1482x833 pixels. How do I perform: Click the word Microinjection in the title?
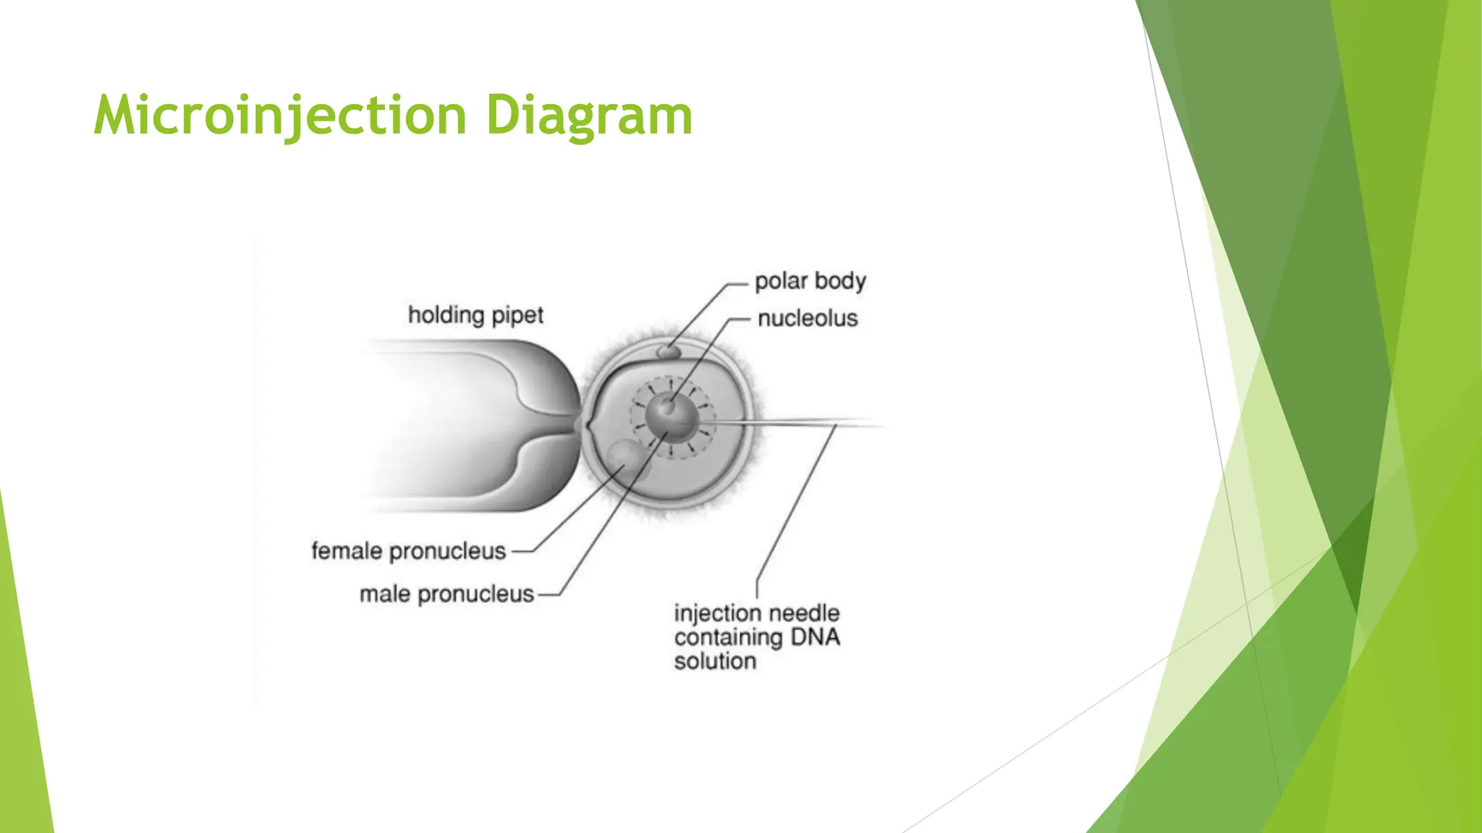pos(281,116)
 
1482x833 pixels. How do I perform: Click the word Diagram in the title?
pos(589,116)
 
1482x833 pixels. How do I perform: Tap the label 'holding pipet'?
pos(475,315)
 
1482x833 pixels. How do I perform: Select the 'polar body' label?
pos(810,281)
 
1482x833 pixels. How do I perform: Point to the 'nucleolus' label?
pos(808,318)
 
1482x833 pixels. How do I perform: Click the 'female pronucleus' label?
pos(408,551)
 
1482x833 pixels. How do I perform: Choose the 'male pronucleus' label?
pos(446,594)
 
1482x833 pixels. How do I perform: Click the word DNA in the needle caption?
pos(815,637)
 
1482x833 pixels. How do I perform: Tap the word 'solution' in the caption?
pos(715,661)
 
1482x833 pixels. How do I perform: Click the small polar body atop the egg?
pos(668,352)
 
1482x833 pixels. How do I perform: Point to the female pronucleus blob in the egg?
pos(627,459)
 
